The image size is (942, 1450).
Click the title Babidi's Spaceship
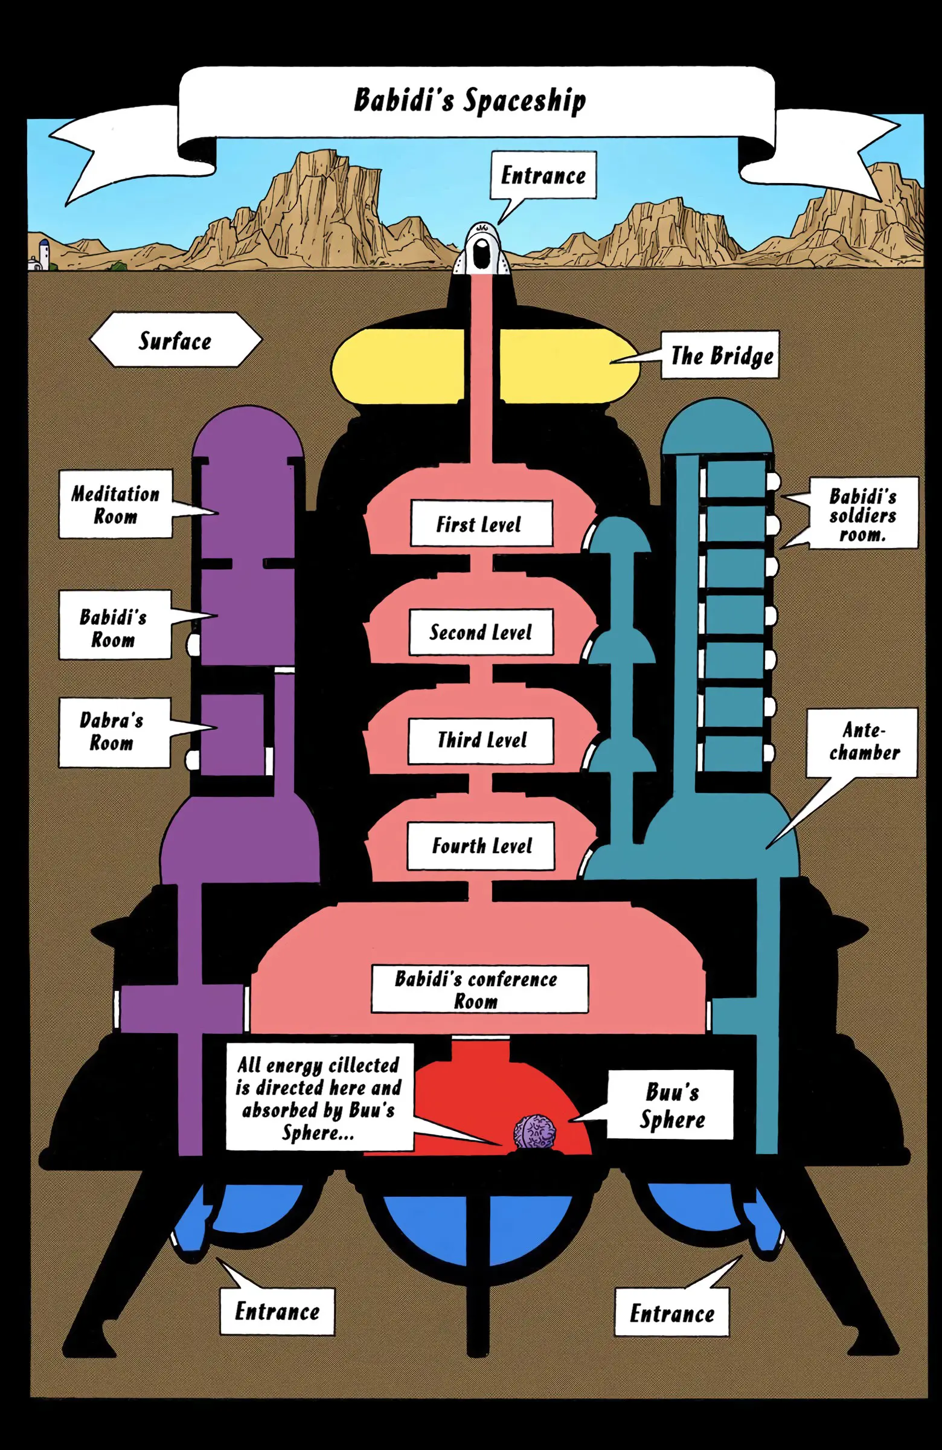click(469, 100)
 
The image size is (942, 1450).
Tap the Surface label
click(175, 340)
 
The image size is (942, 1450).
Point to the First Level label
click(481, 523)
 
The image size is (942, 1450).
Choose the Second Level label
click(481, 632)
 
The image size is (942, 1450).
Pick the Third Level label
click(481, 740)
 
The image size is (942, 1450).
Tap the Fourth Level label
click(481, 846)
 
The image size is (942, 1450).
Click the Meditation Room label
click(116, 504)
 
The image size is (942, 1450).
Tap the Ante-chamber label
click(862, 742)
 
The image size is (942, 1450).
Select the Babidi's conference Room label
click(480, 989)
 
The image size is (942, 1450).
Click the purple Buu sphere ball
click(535, 1132)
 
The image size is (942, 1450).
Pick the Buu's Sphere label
click(670, 1104)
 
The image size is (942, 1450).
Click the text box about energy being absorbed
click(319, 1097)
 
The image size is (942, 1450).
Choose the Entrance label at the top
click(543, 175)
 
